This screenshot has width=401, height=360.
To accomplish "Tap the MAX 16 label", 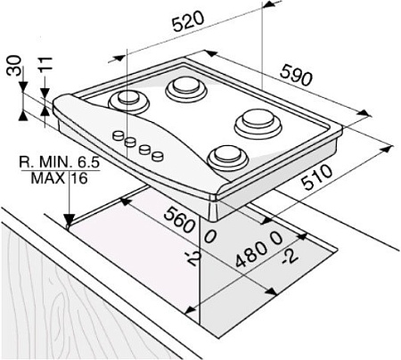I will pos(59,178).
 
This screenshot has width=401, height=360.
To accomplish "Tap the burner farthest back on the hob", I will pos(184,86).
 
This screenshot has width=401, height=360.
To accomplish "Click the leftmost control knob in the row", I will pos(117,135).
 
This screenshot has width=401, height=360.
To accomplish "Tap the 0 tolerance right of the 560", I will pos(210,237).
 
